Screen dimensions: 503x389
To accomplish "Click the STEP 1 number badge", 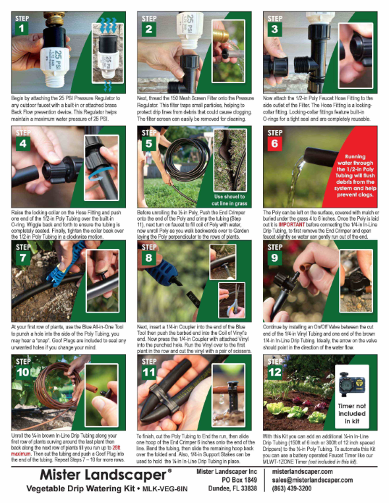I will click(22, 25).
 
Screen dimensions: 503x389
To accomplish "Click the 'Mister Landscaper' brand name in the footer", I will click(99, 475).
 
